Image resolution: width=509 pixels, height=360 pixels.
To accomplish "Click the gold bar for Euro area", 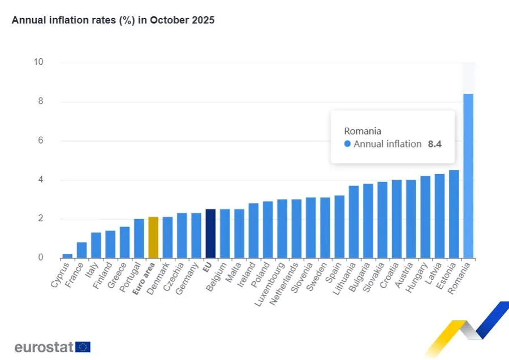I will click(x=153, y=237).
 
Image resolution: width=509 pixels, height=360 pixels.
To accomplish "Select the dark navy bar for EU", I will click(x=210, y=233).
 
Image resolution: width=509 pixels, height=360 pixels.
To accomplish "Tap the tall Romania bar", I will click(x=468, y=176).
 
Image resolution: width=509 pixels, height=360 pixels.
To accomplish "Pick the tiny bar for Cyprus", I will click(x=67, y=256).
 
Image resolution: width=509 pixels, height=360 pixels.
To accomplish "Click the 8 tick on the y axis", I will click(x=41, y=102).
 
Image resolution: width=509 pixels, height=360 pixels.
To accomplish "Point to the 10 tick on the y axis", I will click(x=38, y=62).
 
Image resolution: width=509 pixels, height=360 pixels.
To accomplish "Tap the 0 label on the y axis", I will click(x=41, y=258).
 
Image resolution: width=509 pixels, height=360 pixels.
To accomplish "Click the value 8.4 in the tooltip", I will click(x=434, y=144).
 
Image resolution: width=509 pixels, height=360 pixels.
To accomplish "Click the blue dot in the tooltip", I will click(x=347, y=144).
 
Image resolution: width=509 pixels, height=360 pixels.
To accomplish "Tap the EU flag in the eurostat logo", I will click(x=83, y=347).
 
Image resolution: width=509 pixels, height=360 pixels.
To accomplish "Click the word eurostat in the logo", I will click(x=44, y=347).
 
